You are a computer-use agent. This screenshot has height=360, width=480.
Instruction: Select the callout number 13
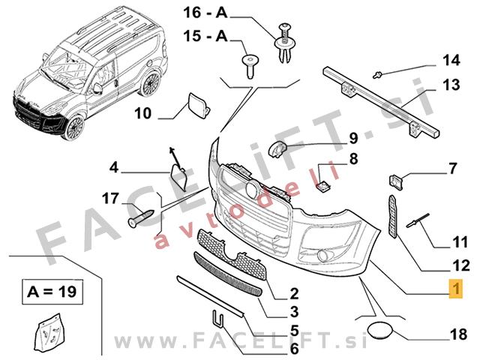[449, 85]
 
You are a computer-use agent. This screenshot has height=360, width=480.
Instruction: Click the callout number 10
[143, 113]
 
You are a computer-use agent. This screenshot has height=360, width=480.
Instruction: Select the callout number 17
[110, 198]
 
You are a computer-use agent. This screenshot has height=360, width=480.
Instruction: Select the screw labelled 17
[142, 218]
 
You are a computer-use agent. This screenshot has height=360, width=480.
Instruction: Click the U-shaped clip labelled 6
[220, 321]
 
